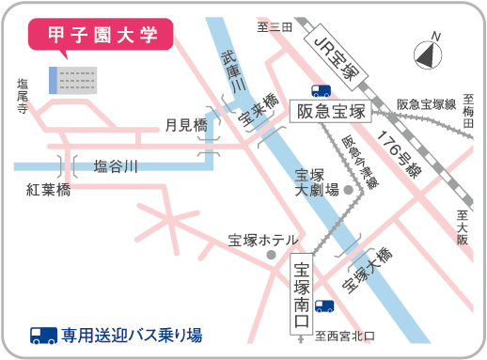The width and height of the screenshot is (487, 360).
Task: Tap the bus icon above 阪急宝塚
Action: [322, 91]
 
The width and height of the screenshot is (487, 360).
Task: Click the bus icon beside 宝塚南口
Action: [324, 305]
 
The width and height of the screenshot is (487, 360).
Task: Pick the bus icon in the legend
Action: [43, 335]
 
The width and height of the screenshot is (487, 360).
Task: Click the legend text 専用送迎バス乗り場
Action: [132, 335]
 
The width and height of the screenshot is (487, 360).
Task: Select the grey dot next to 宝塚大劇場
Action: [348, 190]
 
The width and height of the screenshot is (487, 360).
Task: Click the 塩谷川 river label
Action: [116, 167]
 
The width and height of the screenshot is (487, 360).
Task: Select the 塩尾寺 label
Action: [23, 96]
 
